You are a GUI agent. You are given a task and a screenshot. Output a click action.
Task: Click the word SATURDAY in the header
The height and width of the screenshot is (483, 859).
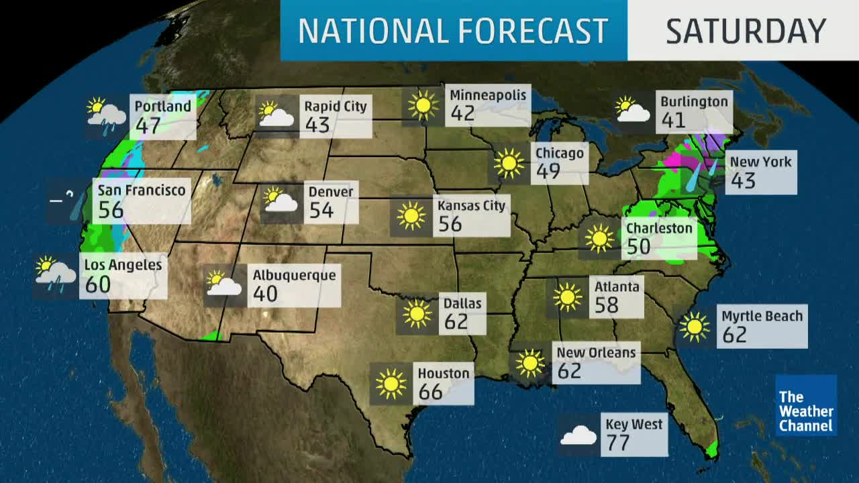click(746, 31)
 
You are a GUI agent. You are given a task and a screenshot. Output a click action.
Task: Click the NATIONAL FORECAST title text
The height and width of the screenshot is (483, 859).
click(453, 31)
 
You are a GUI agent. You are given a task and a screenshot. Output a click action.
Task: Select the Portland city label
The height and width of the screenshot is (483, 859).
click(162, 106)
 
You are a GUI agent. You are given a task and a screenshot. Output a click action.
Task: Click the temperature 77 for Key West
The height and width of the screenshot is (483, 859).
click(618, 443)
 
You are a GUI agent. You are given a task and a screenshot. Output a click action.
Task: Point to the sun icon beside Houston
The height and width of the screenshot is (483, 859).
click(391, 384)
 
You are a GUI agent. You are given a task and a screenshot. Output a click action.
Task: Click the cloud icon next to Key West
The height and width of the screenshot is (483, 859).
click(578, 436)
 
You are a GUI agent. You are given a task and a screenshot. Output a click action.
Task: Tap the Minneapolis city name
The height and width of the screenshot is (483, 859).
click(488, 95)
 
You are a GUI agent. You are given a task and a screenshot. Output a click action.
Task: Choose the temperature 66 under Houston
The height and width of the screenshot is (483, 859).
click(430, 391)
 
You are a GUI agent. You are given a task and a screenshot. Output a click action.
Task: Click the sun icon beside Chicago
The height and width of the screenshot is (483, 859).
click(509, 163)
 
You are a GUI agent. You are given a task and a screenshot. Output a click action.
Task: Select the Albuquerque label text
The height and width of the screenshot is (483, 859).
click(294, 275)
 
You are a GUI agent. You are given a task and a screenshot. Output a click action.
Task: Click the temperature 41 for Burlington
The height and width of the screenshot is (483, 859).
click(673, 120)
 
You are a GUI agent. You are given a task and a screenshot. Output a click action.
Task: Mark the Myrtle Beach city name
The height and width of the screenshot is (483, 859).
click(762, 316)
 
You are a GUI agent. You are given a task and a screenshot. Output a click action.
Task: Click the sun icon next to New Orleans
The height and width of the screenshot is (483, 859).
click(530, 363)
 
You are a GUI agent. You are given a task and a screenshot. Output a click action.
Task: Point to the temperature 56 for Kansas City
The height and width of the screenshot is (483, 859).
click(450, 223)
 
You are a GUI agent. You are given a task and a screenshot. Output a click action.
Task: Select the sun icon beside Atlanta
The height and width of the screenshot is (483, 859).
click(568, 297)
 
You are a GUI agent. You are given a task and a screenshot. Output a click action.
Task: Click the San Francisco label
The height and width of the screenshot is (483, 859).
click(142, 190)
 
